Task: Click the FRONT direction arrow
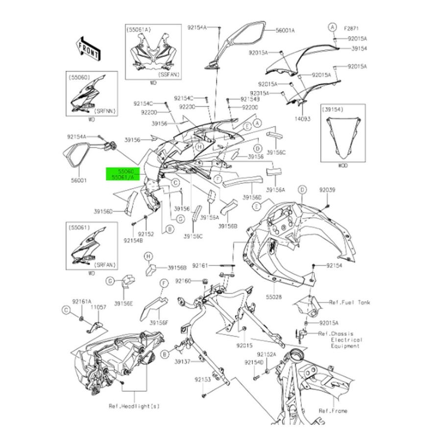pos(88,48)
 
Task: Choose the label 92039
pos(327,190)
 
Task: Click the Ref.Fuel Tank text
pos(349,303)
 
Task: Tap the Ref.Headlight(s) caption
pos(134,406)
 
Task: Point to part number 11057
pos(99,307)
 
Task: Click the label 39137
pos(182,362)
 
